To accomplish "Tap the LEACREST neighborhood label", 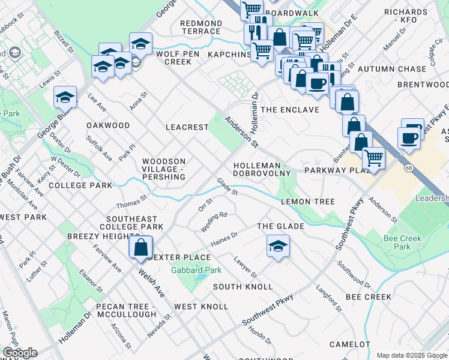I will tap(187, 127).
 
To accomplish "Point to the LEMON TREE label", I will tap(307, 202).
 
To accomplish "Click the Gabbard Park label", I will tap(196, 271).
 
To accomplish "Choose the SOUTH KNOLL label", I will tap(243, 287).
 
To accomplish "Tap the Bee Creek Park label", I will tap(402, 242).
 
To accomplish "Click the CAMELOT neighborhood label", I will tap(351, 344).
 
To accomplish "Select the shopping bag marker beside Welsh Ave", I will tap(140, 248).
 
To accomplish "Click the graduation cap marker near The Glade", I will tap(278, 247).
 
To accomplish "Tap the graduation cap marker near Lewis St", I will tap(65, 97).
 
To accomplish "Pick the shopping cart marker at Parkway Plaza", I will tap(373, 159).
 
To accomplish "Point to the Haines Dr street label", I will tap(225, 239).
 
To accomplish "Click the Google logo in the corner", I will tap(20, 353).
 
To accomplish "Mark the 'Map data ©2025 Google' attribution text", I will tap(411, 355).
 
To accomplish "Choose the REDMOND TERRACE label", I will tap(200, 27).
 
